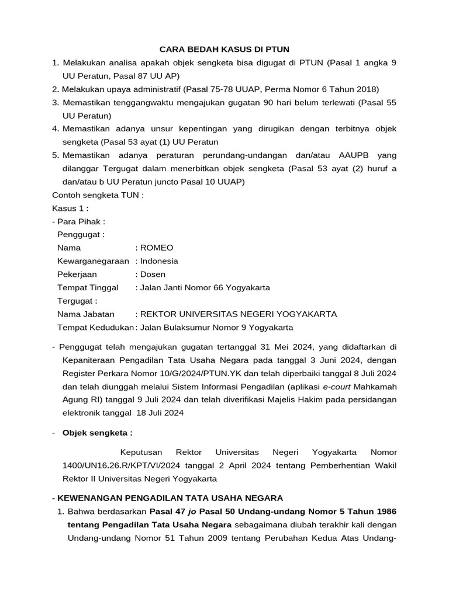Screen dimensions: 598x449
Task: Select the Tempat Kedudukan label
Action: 95,328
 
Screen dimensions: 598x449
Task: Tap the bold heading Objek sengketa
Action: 97,433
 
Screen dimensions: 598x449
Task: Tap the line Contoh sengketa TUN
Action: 98,195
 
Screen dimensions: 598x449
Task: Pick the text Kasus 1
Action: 70,208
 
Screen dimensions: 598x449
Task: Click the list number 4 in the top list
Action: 55,128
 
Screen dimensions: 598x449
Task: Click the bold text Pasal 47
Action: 170,512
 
